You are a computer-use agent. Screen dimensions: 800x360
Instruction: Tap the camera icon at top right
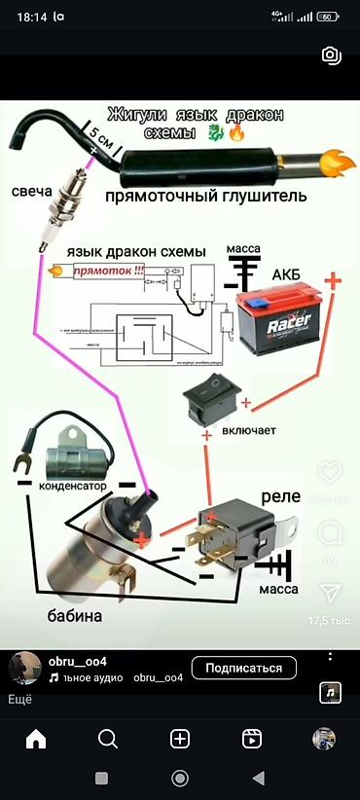tap(331, 55)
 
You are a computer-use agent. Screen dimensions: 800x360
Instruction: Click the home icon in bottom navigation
tap(36, 739)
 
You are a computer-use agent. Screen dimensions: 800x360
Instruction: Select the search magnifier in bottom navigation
tap(108, 739)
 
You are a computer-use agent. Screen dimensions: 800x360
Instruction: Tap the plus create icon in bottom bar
tap(180, 739)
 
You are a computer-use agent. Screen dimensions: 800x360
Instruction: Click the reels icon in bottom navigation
tap(251, 739)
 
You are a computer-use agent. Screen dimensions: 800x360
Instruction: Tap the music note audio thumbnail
tap(331, 692)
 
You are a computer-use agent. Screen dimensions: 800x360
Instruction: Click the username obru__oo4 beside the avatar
tap(77, 661)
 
